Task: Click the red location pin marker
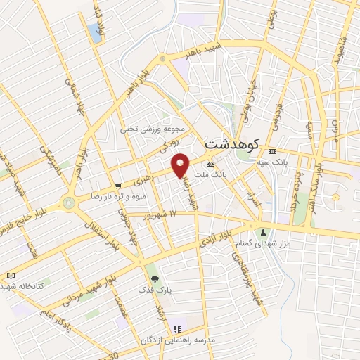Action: coord(181,165)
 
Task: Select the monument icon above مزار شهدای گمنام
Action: coord(264,233)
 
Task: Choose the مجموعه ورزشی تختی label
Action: coord(153,129)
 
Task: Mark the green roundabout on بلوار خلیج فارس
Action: coord(68,202)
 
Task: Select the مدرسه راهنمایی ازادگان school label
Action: coord(179,340)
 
